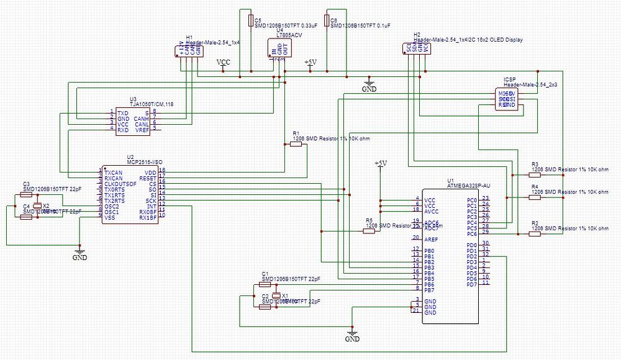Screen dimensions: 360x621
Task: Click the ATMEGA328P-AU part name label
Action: tap(469, 186)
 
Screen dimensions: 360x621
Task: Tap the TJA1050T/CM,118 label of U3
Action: tap(152, 104)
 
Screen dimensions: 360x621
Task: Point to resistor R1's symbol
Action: tap(296, 144)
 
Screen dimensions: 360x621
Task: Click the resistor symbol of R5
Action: tap(369, 231)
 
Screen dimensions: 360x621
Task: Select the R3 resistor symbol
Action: tap(534, 175)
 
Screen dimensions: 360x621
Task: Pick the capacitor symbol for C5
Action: tap(250, 21)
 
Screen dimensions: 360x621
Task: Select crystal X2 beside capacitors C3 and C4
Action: tap(37, 205)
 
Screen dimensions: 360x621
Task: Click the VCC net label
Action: tap(223, 63)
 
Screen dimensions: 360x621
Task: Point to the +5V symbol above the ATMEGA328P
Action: tap(381, 163)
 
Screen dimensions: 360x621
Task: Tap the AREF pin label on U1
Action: tap(432, 239)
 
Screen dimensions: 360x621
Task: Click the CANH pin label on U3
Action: tap(140, 118)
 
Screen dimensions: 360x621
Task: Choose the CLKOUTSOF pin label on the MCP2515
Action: tap(120, 184)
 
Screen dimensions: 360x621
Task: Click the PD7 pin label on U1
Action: tap(471, 284)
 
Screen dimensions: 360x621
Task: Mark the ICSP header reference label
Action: tap(509, 79)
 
